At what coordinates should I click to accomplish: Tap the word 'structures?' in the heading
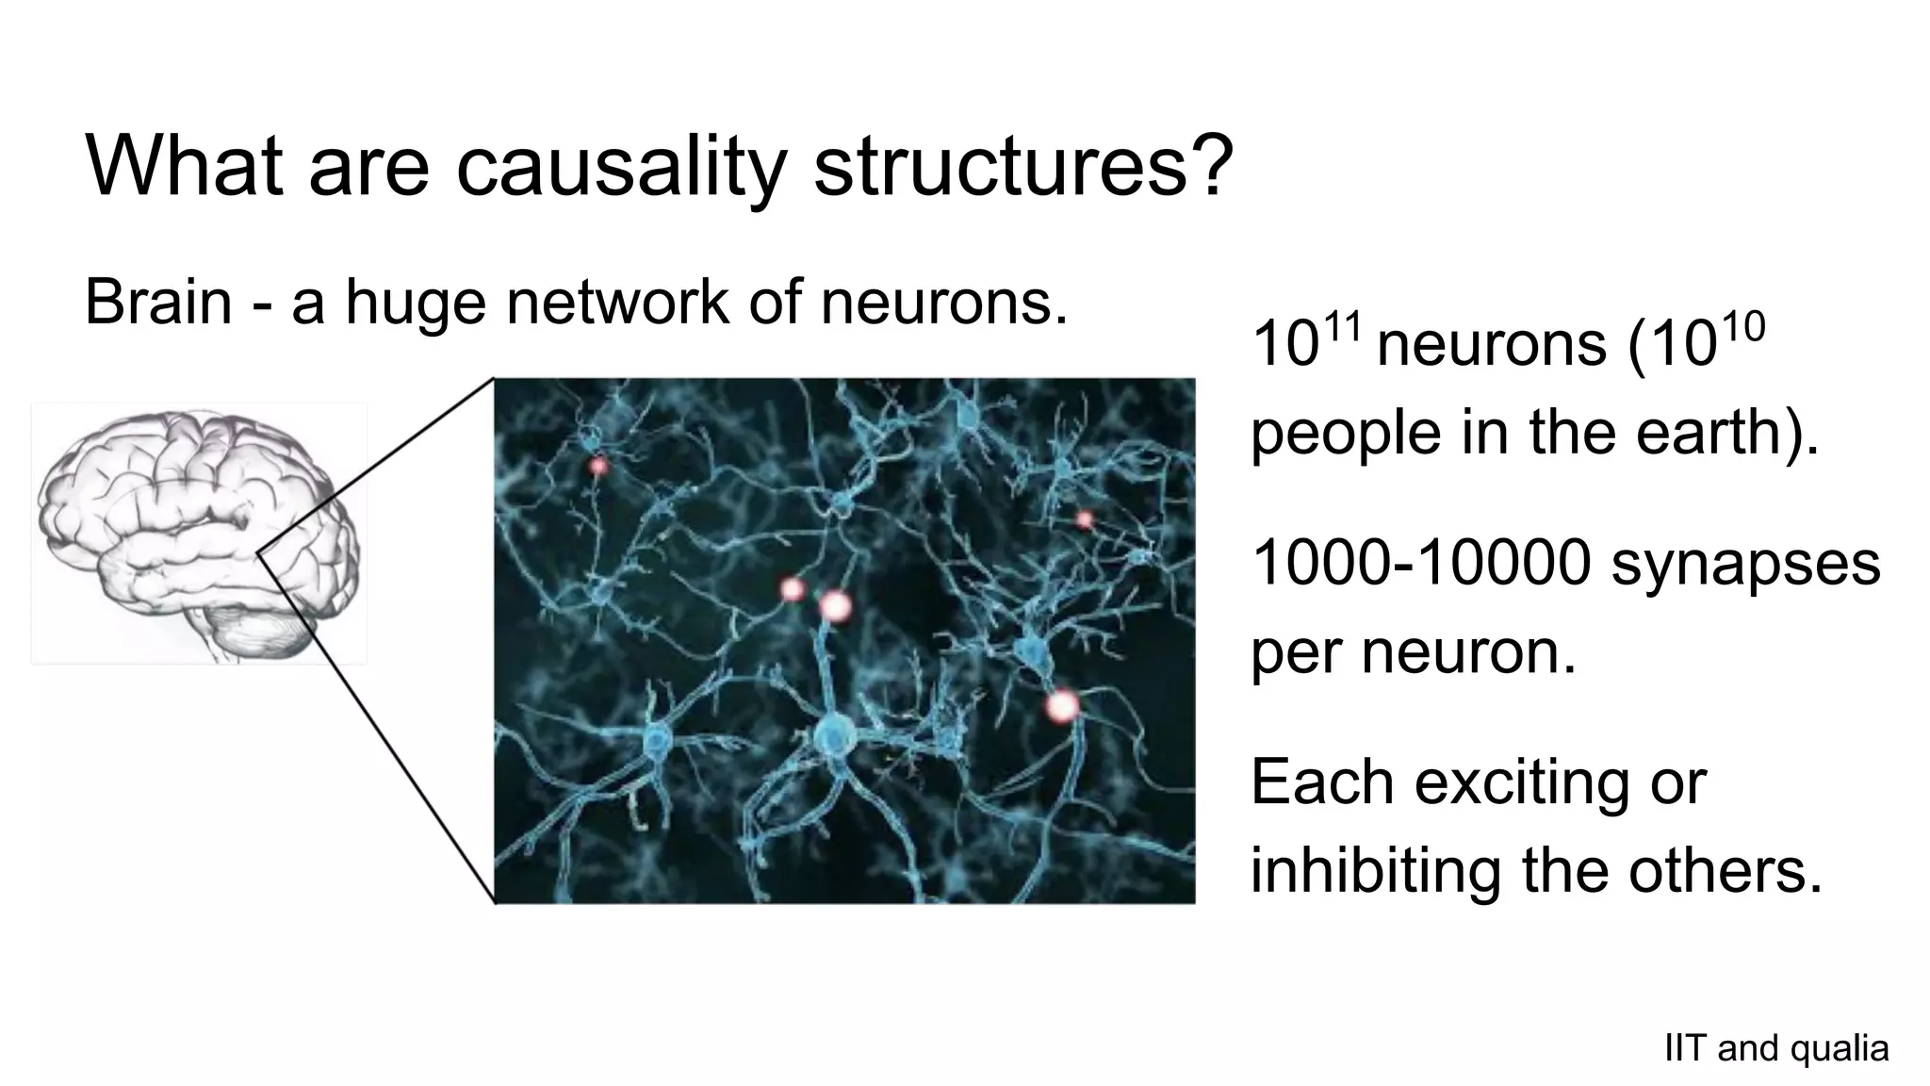pyautogui.click(x=1023, y=167)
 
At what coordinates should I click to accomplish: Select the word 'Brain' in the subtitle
pyautogui.click(x=158, y=302)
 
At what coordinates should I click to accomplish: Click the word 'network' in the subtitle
pyautogui.click(x=617, y=302)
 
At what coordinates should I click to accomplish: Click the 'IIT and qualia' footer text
pyautogui.click(x=1776, y=1048)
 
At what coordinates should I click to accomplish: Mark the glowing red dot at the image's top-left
pyautogui.click(x=598, y=466)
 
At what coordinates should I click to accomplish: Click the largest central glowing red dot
pyautogui.click(x=834, y=605)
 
